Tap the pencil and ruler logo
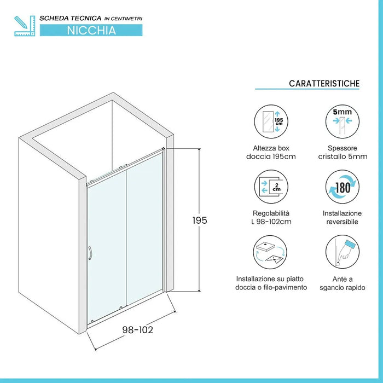point(24,26)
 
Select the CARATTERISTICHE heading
point(324,83)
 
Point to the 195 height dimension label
point(200,220)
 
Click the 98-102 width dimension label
point(137,329)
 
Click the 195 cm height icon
point(271,122)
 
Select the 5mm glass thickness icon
point(343,122)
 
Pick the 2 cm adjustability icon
point(271,186)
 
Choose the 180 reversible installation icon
point(343,186)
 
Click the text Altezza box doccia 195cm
point(271,153)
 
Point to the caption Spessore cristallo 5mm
point(343,153)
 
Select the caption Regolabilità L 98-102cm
point(271,217)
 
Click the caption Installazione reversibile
point(343,217)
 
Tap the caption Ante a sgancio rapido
point(343,283)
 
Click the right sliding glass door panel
point(145,235)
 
